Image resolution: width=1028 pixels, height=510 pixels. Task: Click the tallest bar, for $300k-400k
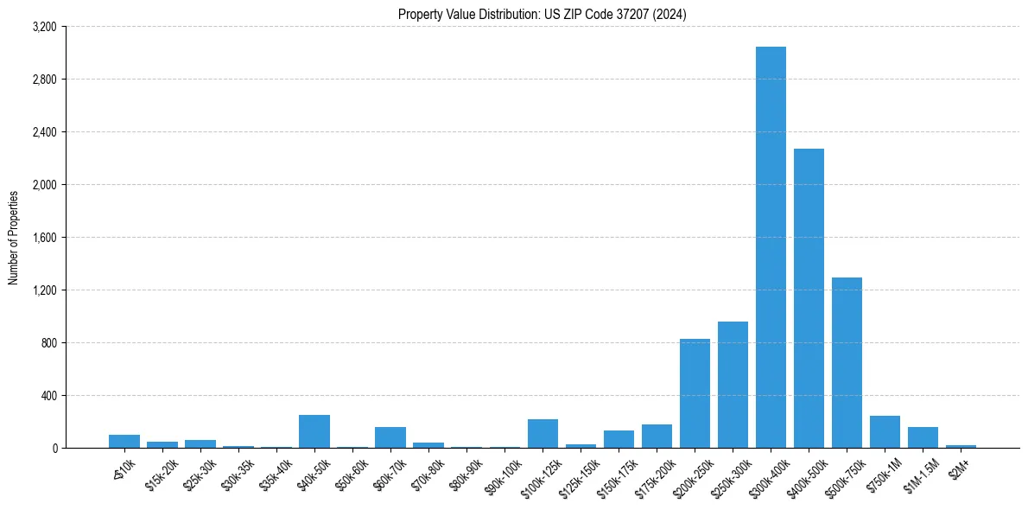771,247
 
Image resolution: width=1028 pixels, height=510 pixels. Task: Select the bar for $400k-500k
809,298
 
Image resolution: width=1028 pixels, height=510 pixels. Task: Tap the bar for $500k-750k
847,363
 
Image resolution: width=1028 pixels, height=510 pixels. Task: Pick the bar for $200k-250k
695,393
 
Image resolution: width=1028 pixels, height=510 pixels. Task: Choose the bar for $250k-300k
733,385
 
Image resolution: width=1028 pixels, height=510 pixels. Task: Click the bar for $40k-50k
314,431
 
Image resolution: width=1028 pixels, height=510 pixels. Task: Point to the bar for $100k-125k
543,434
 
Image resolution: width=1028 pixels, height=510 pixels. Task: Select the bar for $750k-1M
885,432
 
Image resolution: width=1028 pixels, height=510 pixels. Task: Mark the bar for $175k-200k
657,437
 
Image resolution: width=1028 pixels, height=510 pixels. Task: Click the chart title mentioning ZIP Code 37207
543,15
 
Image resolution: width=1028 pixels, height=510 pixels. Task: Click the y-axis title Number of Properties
14,237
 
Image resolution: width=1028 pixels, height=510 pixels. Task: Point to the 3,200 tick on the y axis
43,27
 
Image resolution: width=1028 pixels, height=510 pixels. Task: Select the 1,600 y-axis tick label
43,238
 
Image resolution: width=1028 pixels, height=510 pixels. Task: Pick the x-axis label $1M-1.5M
919,473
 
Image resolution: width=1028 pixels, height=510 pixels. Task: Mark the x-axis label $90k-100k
501,474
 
